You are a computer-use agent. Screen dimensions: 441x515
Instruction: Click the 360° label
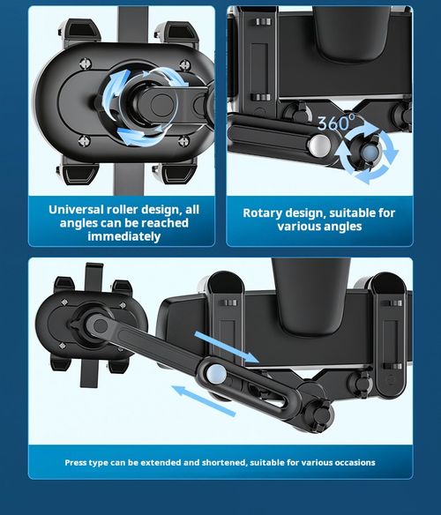(336, 123)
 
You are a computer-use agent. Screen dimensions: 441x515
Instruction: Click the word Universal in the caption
(76, 210)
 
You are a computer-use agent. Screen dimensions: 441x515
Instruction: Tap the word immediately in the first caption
(124, 236)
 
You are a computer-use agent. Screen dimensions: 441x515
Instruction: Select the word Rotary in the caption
(262, 213)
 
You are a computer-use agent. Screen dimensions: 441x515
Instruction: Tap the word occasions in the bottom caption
(356, 462)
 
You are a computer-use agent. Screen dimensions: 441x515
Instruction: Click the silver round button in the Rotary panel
(319, 145)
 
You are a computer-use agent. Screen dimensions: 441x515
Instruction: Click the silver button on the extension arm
(216, 376)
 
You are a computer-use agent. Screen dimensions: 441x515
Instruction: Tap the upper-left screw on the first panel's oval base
(86, 63)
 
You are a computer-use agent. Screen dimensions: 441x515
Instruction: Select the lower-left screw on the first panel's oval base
(85, 141)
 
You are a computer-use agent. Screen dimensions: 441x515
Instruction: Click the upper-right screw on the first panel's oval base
(185, 65)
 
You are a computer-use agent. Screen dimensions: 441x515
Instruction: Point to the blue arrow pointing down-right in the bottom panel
(227, 347)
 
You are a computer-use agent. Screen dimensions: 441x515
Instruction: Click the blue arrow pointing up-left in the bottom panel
(204, 401)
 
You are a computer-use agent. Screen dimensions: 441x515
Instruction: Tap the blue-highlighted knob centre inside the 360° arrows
(370, 152)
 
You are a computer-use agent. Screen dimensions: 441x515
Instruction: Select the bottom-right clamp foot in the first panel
(176, 174)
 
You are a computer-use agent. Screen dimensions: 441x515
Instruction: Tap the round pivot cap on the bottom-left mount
(100, 326)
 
